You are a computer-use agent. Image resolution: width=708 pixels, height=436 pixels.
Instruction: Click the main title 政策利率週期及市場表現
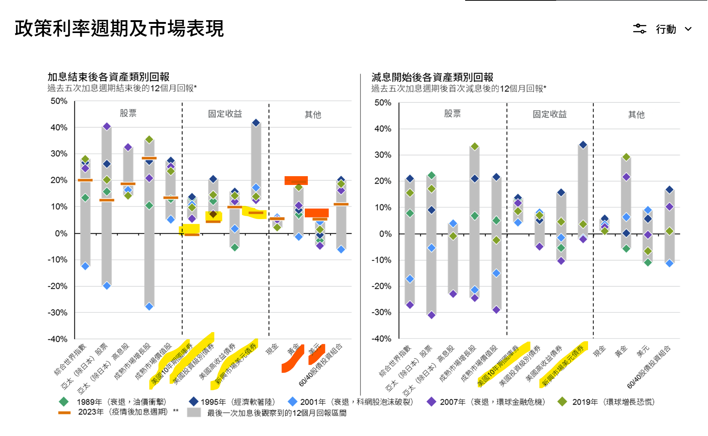tap(119, 29)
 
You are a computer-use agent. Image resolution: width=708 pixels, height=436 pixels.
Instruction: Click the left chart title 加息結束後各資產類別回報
tap(108, 77)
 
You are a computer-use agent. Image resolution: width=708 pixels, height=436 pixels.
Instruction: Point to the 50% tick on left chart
tap(59, 101)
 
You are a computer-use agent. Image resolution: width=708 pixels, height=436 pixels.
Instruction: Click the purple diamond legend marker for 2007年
tap(431, 402)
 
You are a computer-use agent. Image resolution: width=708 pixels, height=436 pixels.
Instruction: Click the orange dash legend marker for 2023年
tap(64, 413)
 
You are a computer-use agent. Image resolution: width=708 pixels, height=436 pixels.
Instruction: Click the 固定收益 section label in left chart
tap(225, 114)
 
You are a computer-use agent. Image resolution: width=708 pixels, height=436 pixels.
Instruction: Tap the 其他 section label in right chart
tap(636, 115)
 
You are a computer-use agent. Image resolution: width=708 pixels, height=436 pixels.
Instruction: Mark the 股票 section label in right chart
tap(452, 113)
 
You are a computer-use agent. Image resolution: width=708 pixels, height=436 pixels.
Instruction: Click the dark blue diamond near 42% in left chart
tap(256, 123)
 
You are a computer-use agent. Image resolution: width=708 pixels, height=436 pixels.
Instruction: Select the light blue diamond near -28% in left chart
tap(149, 306)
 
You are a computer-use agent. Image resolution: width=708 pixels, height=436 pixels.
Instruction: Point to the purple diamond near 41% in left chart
tap(107, 127)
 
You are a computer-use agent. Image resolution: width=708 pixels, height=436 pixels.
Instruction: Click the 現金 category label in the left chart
tap(272, 349)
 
